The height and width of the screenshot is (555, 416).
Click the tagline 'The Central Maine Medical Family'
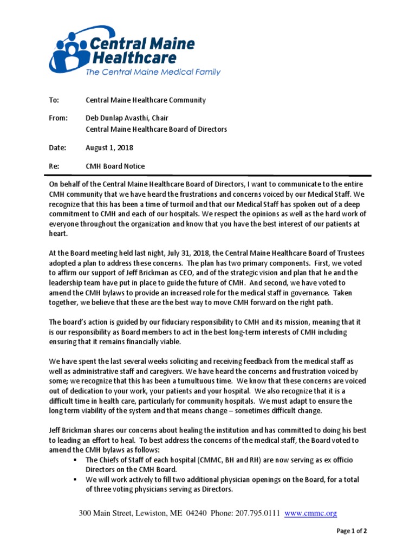point(153,72)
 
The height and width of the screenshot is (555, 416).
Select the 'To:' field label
point(54,100)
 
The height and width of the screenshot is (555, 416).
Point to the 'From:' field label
point(58,118)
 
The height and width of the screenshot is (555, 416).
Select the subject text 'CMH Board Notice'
point(115,166)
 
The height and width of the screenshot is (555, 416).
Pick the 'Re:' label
point(54,166)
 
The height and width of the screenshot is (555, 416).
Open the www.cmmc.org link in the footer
point(310,513)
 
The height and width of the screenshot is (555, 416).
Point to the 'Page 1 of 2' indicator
point(352,531)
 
